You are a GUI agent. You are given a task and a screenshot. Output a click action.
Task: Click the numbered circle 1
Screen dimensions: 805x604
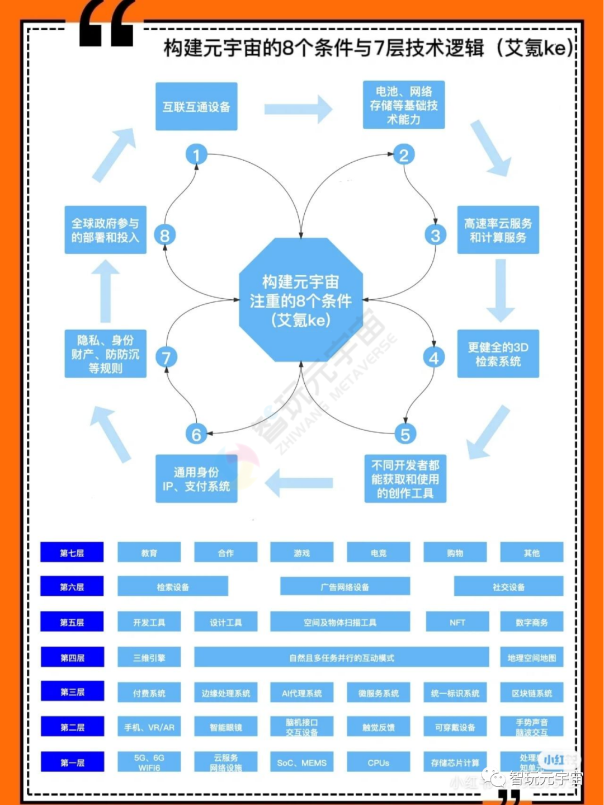[x=196, y=154]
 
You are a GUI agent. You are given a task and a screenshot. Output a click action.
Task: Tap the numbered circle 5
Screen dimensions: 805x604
[x=405, y=434]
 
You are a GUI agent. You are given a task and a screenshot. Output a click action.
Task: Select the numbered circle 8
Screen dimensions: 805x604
[x=164, y=235]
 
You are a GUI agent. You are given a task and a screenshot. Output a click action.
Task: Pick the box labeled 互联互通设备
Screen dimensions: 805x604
[x=196, y=106]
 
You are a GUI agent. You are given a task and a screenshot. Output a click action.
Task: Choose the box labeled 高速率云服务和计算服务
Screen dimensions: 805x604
[x=498, y=230]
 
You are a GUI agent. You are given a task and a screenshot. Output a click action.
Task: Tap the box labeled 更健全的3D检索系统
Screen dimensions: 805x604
[x=498, y=354]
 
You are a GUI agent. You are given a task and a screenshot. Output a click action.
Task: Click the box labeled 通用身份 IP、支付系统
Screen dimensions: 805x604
[x=196, y=479]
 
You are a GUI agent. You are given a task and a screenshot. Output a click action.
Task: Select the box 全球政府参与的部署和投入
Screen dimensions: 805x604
[x=105, y=230]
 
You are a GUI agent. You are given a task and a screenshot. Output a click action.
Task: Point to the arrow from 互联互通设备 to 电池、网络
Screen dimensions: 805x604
[x=299, y=108]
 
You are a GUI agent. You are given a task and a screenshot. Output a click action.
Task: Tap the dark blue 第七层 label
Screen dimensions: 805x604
[x=72, y=553]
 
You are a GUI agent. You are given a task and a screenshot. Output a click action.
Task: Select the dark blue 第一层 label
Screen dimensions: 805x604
[x=72, y=762]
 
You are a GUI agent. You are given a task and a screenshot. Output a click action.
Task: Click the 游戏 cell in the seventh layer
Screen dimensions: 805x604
[x=301, y=553]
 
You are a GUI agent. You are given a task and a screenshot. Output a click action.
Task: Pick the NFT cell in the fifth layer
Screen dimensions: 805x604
[x=457, y=622]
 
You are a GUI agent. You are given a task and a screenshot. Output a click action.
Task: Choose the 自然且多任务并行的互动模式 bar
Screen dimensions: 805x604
[x=341, y=658]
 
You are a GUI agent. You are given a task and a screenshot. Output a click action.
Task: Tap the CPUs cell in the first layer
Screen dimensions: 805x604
[x=378, y=762]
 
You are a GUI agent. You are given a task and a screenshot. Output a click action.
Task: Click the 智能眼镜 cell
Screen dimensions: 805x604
[x=225, y=727]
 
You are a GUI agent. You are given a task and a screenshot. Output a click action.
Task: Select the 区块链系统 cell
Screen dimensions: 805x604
[x=531, y=693]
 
